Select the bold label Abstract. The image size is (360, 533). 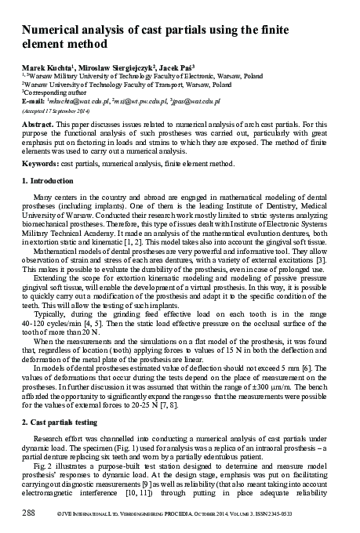(x=37, y=124)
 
